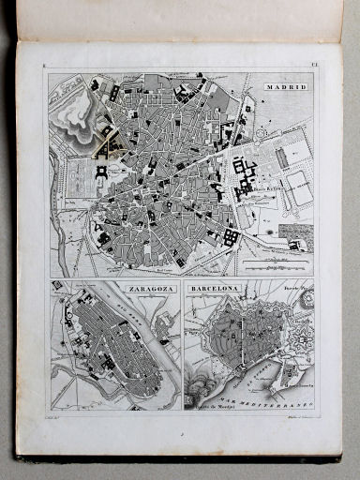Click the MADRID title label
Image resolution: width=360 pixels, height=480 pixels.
tap(286, 86)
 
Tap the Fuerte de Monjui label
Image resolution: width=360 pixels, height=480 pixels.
tap(212, 405)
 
